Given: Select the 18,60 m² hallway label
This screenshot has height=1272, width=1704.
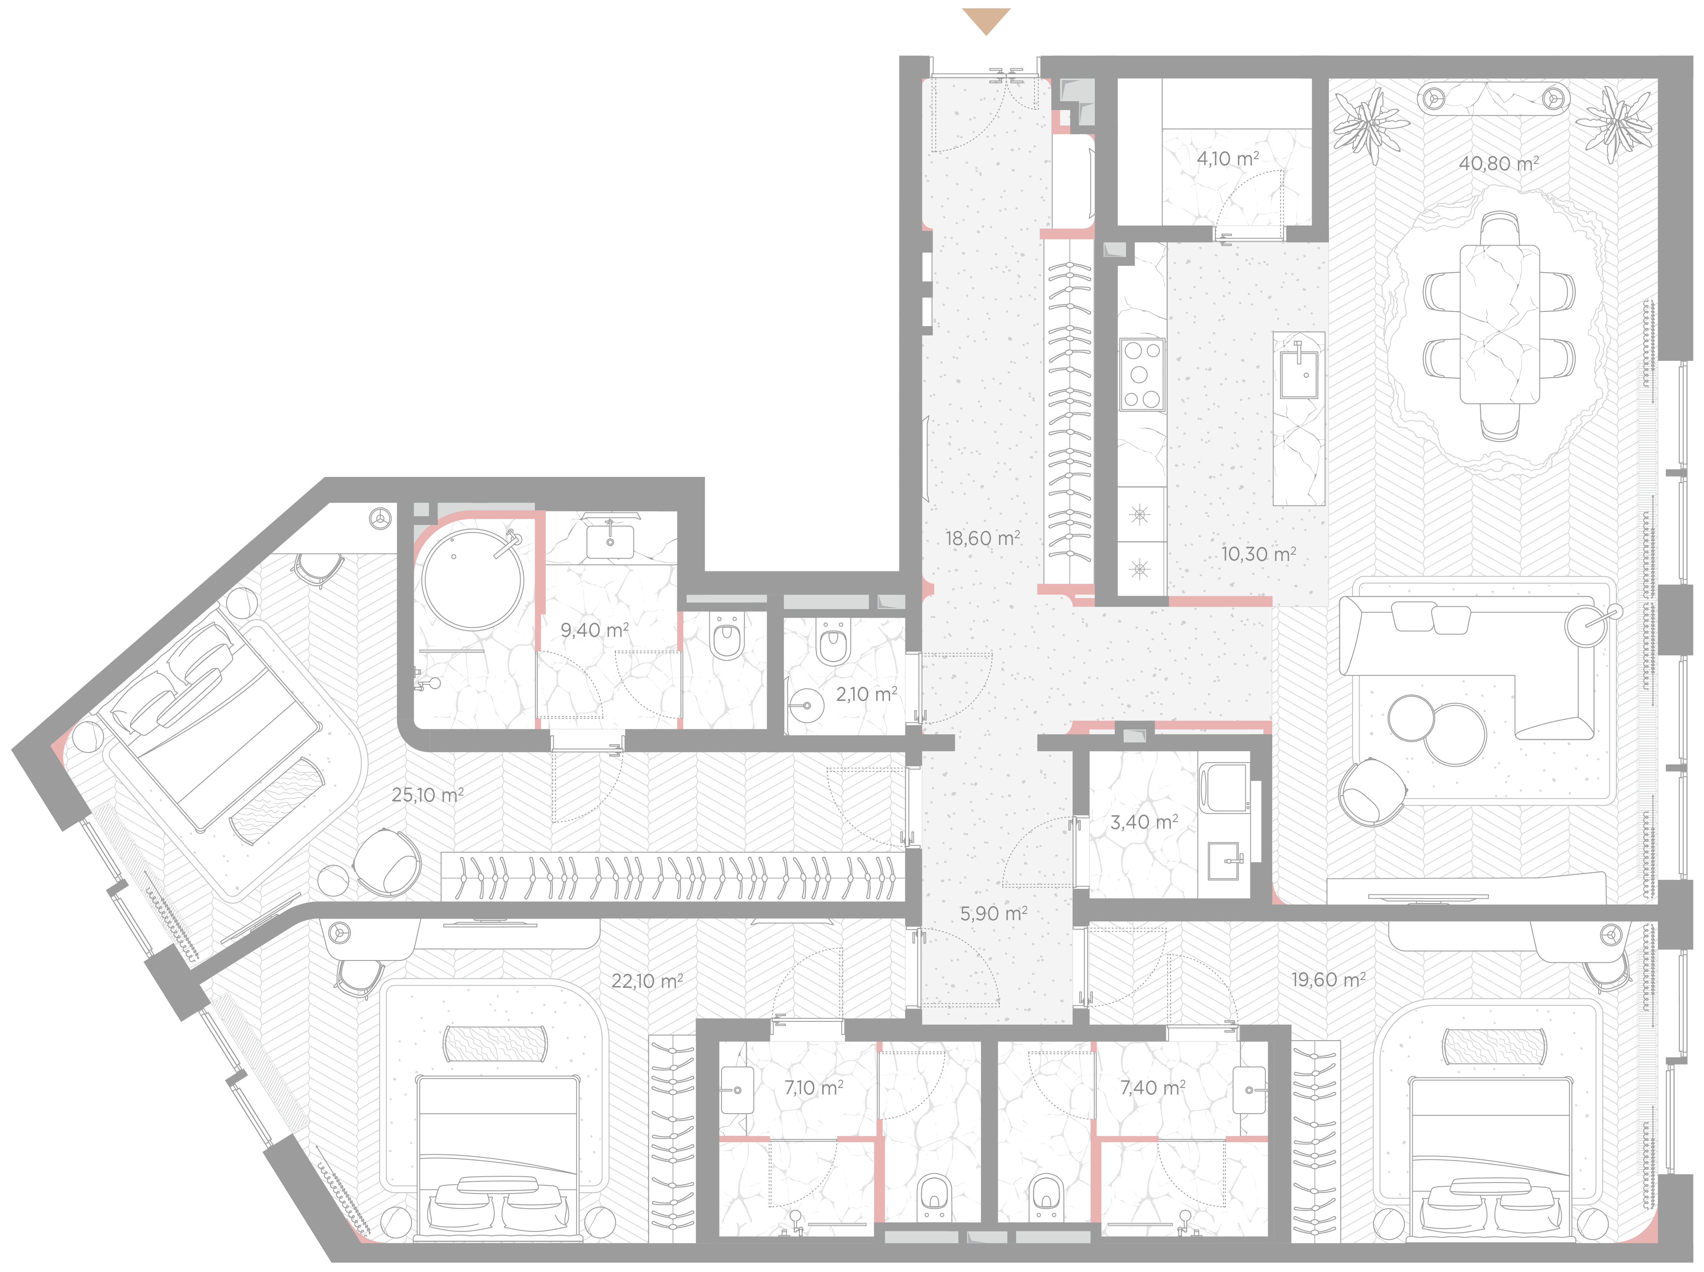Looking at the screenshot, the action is [983, 538].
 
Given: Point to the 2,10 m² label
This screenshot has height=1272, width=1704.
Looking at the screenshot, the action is [866, 695].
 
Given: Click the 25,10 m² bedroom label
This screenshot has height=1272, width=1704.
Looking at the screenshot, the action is [427, 795].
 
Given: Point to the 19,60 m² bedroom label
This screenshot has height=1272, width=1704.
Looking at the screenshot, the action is [1328, 980].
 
